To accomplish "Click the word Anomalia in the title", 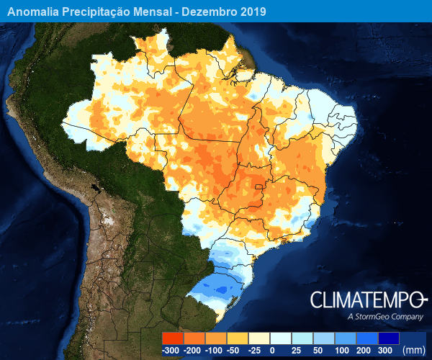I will tap(35, 12).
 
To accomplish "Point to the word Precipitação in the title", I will tap(101, 12).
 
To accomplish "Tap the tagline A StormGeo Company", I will tap(384, 317).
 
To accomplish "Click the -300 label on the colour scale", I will tap(171, 350).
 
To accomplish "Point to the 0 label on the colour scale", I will tap(271, 350).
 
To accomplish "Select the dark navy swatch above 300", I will tap(388, 338).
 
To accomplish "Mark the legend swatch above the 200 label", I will tap(366, 338).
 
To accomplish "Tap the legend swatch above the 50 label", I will tap(323, 338).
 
